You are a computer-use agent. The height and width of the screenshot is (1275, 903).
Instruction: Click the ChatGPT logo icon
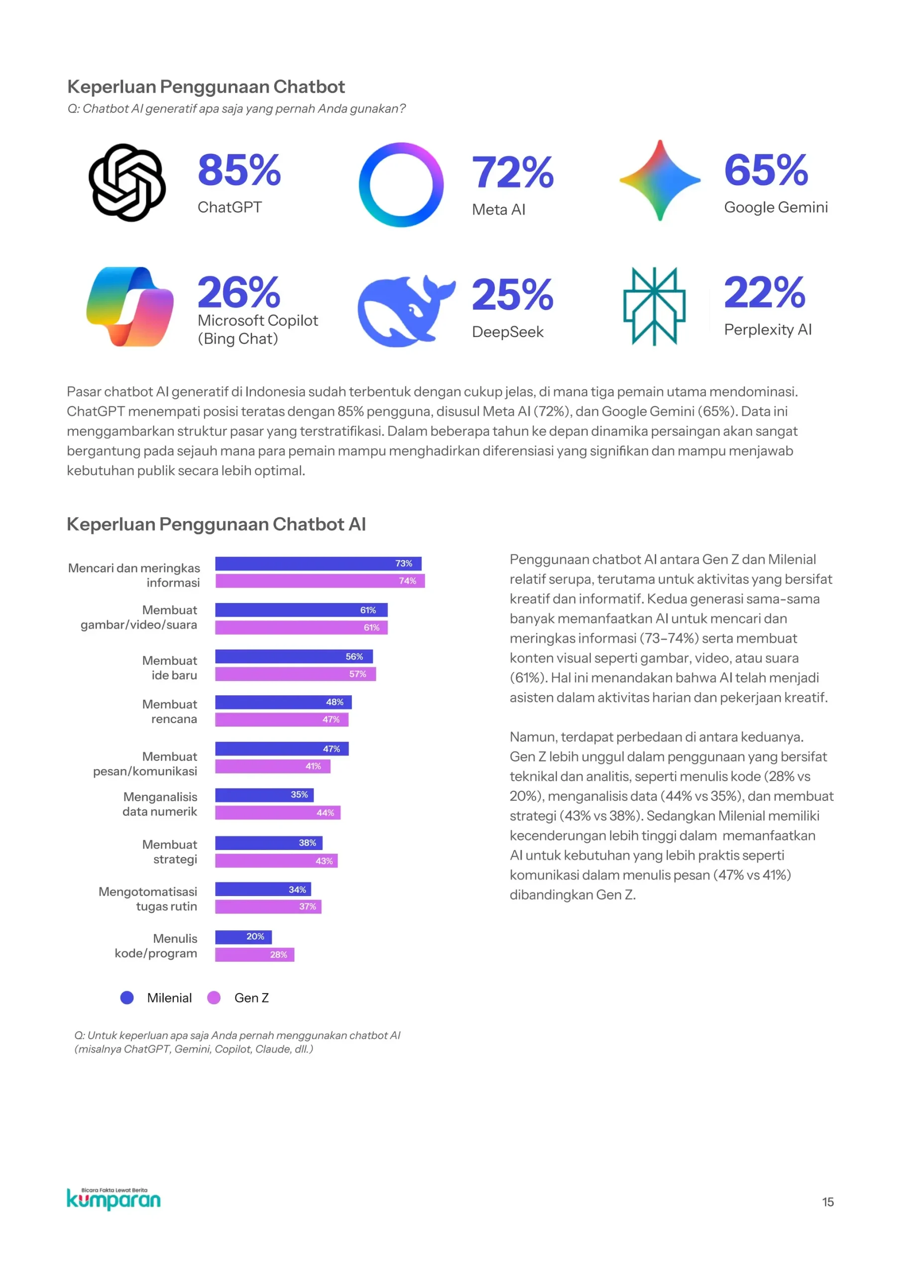point(127,182)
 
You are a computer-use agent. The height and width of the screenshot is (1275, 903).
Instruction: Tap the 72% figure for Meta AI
point(513,172)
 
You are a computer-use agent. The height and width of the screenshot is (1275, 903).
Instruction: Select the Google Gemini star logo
point(660,180)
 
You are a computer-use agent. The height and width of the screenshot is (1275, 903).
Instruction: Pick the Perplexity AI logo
point(654,306)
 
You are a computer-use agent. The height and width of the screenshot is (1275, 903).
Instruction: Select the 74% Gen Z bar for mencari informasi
point(320,581)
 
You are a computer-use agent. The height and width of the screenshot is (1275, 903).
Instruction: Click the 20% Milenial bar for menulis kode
point(243,937)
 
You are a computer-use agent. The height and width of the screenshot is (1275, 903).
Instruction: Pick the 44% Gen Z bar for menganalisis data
point(277,813)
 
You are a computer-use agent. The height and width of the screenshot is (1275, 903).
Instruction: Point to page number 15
point(827,1202)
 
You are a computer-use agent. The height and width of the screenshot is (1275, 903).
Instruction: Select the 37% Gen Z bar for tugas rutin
point(268,907)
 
